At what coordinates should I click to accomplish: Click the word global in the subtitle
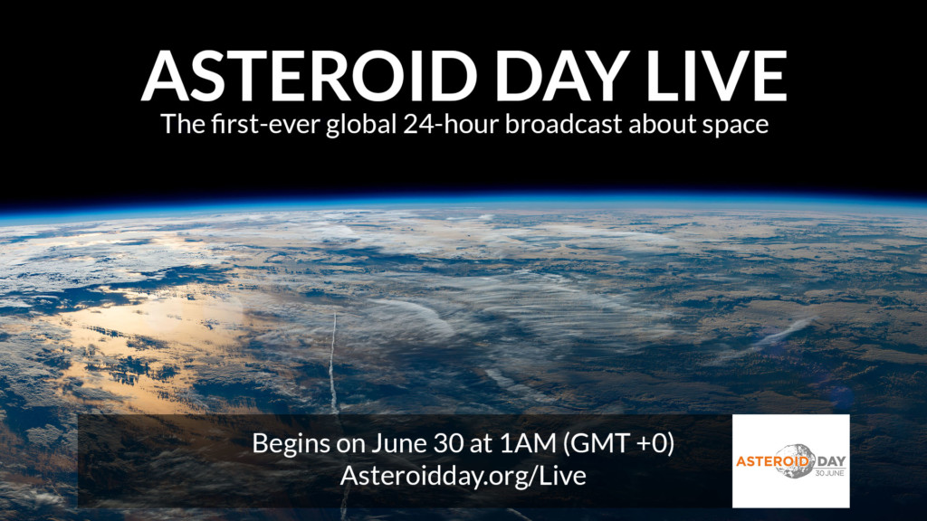point(376,125)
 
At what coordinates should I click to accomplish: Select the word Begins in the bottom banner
point(289,445)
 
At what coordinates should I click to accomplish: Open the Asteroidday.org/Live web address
point(463,477)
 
